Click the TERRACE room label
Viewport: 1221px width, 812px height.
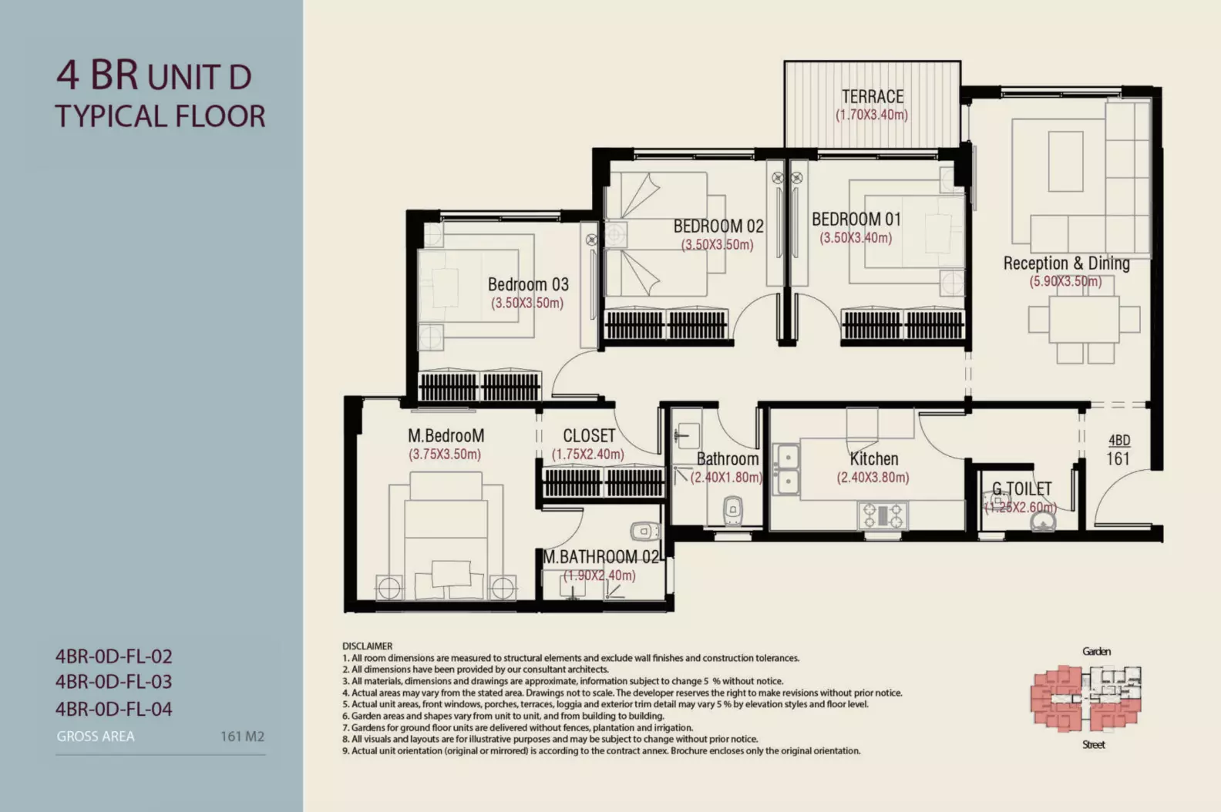tap(873, 96)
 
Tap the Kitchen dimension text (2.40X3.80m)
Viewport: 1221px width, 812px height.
tap(873, 478)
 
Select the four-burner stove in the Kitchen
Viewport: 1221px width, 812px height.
tap(883, 515)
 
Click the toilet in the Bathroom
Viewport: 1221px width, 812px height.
tap(733, 511)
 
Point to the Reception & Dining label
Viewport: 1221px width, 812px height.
tap(1066, 263)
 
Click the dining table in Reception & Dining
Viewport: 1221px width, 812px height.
tap(1085, 319)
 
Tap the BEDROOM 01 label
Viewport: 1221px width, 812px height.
tap(856, 220)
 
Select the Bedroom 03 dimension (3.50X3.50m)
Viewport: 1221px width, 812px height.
tap(527, 304)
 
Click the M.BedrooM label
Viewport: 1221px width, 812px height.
tap(446, 436)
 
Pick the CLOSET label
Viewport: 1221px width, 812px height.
tap(589, 436)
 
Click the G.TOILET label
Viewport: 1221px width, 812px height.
tap(1021, 489)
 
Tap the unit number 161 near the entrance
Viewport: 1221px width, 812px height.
tap(1118, 458)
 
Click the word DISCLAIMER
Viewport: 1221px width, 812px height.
tap(368, 646)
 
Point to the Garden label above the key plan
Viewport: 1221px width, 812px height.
tap(1096, 651)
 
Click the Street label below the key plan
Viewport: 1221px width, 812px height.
tap(1094, 744)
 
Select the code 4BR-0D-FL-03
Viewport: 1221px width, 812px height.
tap(113, 682)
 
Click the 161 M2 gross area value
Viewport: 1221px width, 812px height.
tap(242, 737)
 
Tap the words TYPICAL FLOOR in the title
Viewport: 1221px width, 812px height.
tap(160, 116)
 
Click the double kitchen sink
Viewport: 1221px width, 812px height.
tap(786, 469)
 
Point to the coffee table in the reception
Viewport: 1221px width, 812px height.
tap(1065, 161)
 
